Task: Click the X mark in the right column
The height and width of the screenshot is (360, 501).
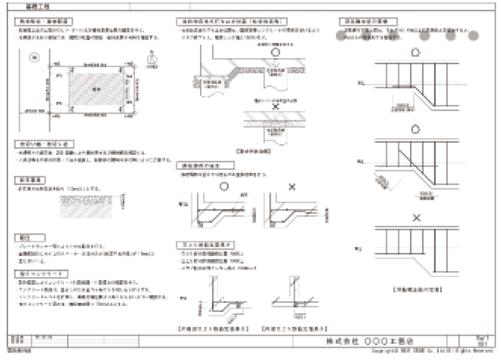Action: click(x=416, y=218)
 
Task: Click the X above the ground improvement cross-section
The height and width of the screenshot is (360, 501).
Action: click(x=276, y=106)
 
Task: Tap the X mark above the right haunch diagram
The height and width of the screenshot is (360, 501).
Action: click(x=292, y=186)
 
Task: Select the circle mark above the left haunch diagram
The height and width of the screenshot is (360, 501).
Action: click(x=224, y=186)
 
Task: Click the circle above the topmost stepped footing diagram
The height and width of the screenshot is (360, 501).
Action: click(x=416, y=53)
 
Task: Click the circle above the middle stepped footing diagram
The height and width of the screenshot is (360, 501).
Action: click(x=416, y=130)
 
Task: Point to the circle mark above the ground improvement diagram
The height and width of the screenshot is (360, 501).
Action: click(x=276, y=52)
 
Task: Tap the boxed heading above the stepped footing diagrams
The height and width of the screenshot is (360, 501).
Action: click(x=368, y=21)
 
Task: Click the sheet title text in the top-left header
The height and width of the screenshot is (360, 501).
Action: click(x=31, y=7)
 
